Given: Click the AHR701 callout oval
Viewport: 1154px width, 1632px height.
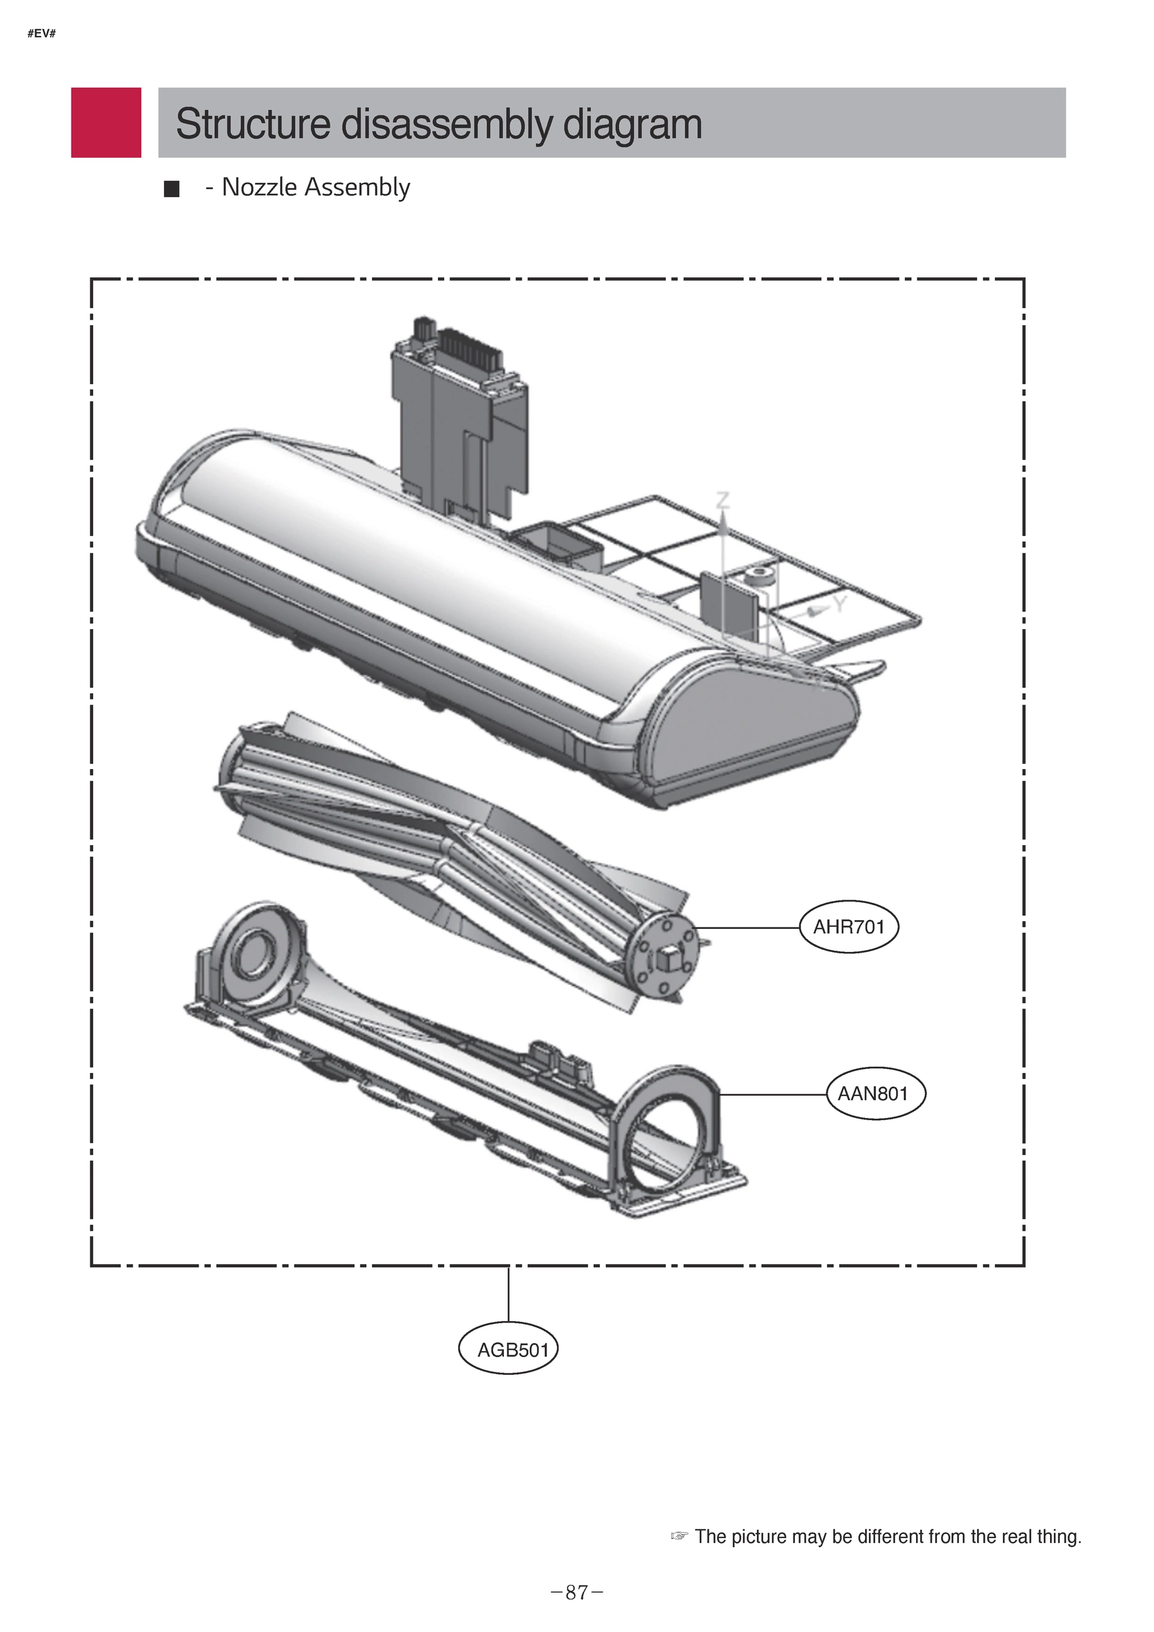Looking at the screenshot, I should (x=849, y=927).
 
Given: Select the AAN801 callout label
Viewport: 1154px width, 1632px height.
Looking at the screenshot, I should (x=876, y=1093).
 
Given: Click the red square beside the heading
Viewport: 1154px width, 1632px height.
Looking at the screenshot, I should (x=106, y=122).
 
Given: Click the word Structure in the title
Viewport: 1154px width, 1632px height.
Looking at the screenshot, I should (x=252, y=124).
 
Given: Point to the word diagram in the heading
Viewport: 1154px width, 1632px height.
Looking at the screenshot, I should (x=632, y=124).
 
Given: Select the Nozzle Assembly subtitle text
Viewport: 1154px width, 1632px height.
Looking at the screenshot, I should (x=316, y=187).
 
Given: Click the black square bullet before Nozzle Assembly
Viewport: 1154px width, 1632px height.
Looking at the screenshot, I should (x=171, y=189).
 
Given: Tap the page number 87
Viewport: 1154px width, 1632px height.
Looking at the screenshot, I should (x=577, y=1592).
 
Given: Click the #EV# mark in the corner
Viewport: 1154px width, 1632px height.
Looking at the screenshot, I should (x=41, y=33).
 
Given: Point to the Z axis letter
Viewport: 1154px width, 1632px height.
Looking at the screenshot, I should (x=722, y=500).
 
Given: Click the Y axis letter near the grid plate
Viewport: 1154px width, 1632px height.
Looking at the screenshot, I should (x=841, y=605).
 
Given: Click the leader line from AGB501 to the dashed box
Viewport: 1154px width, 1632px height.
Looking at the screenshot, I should (x=509, y=1293).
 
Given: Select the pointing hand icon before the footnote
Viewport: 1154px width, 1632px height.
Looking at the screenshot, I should (x=680, y=1536).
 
